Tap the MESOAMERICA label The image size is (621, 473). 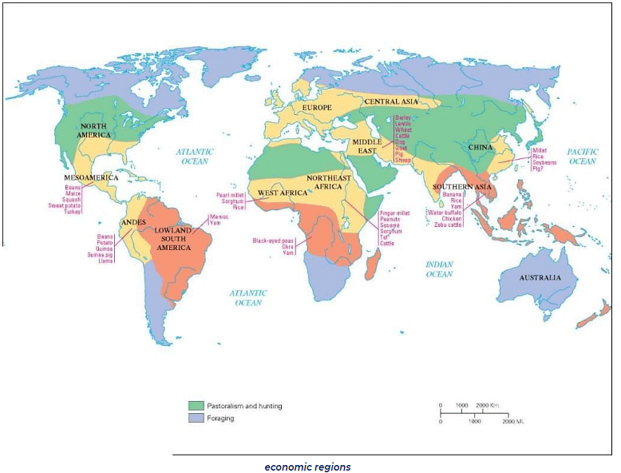click(x=91, y=177)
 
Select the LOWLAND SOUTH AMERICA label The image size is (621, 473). click(x=172, y=238)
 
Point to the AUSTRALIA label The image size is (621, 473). click(x=538, y=277)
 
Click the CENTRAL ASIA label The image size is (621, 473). click(x=391, y=102)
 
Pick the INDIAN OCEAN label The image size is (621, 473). click(x=439, y=268)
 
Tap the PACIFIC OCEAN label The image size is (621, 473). click(x=582, y=157)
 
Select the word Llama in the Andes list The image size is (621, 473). click(x=105, y=261)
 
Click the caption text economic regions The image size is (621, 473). click(x=307, y=466)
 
